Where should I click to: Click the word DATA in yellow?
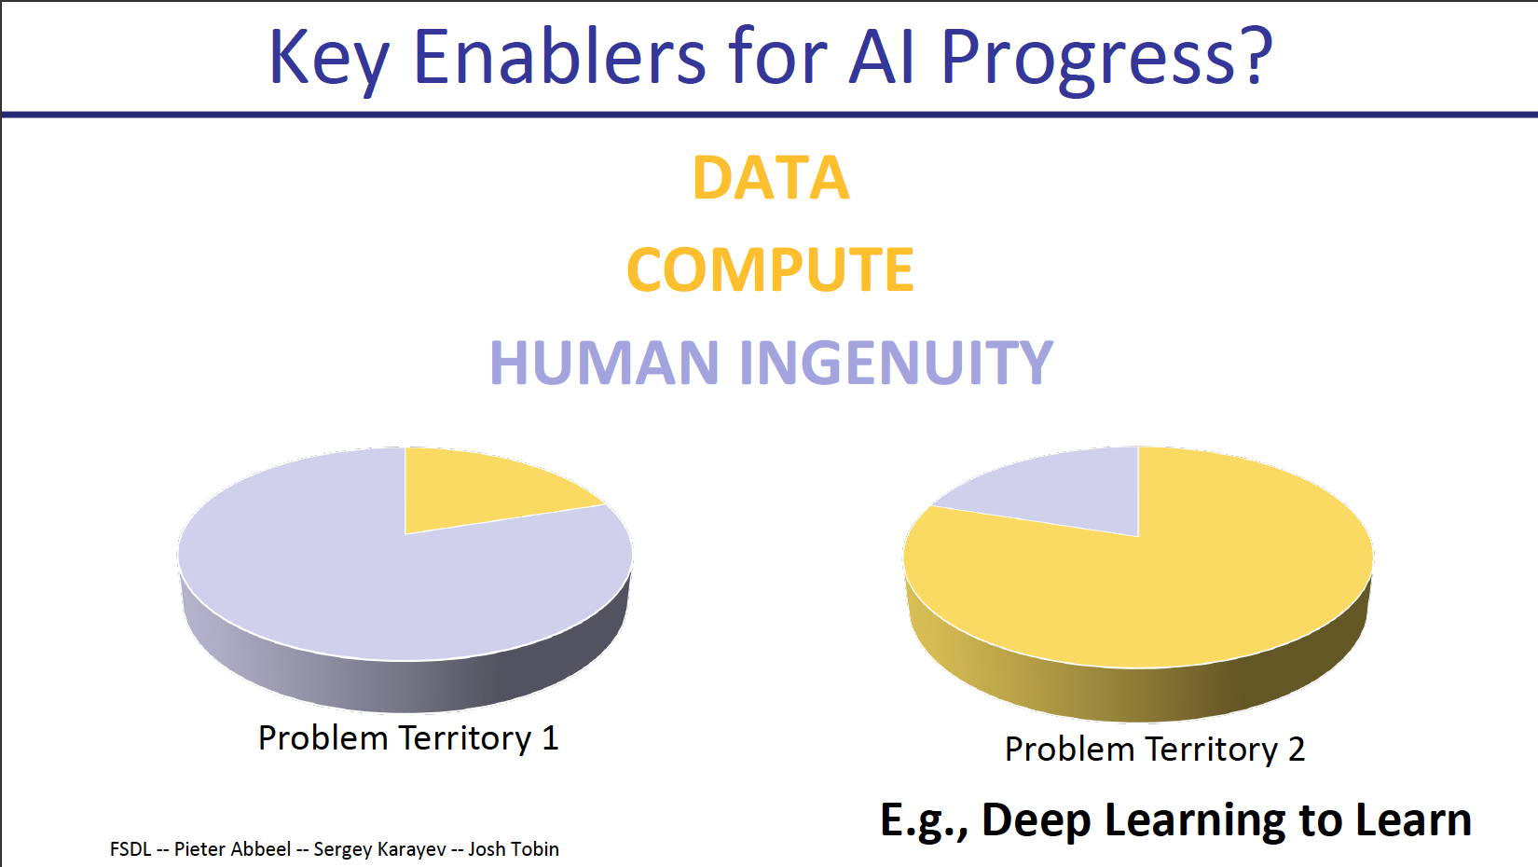tap(771, 178)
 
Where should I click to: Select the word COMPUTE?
tap(770, 269)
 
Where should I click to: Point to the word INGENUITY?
tap(897, 363)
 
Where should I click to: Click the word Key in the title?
tap(329, 60)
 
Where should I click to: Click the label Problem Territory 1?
tap(408, 738)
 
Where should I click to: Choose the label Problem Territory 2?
tap(1155, 749)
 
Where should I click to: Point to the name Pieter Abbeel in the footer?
tap(232, 850)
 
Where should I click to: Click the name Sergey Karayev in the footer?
tap(379, 850)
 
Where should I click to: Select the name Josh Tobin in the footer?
tap(514, 849)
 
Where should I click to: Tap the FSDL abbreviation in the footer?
tap(130, 849)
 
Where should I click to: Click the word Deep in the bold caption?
tap(1037, 821)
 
